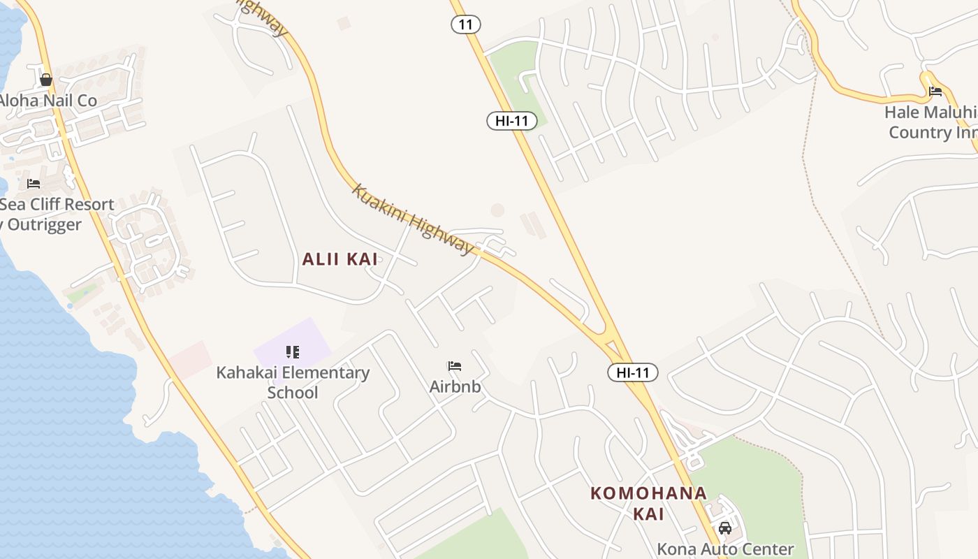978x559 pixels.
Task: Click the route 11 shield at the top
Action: (466, 24)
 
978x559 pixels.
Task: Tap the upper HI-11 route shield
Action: (512, 121)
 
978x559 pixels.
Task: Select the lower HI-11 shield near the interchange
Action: (633, 372)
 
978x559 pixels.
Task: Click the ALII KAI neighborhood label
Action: (340, 259)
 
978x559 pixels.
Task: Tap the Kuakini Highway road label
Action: (413, 219)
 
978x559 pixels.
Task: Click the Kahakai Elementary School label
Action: (293, 382)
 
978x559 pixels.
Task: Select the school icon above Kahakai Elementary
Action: (293, 352)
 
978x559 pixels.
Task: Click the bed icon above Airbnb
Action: (455, 366)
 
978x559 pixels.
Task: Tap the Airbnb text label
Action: (455, 386)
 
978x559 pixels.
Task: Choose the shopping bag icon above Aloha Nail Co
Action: (46, 80)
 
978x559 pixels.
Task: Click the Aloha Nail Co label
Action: (48, 101)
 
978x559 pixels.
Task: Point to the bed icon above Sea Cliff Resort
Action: (34, 184)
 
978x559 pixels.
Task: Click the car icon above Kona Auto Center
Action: (725, 528)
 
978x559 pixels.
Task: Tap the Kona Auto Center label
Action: (725, 549)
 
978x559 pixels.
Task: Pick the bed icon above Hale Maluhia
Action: (935, 92)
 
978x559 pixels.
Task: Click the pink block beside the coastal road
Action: (190, 358)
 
